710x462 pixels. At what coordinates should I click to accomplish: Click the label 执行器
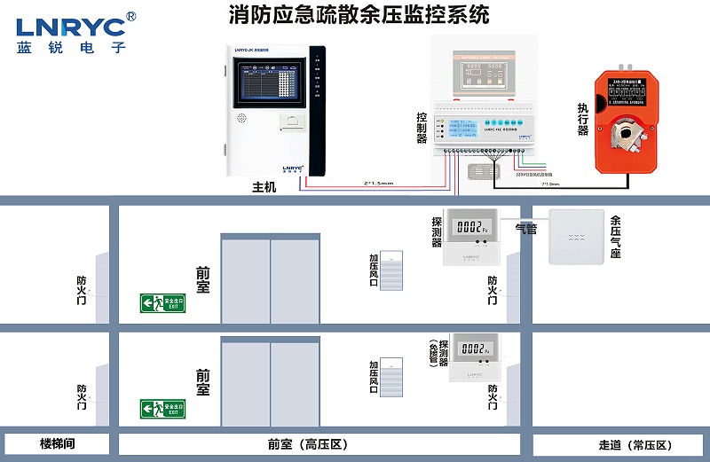(x=583, y=119)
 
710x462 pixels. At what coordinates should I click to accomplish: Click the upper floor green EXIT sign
(x=162, y=303)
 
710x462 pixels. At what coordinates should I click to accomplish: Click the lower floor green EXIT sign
(x=162, y=409)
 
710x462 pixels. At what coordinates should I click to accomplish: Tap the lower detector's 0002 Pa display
(x=473, y=348)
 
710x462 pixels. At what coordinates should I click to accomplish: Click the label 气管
(x=526, y=229)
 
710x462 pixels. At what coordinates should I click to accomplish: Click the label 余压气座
(x=615, y=237)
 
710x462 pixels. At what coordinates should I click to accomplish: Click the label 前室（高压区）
(x=305, y=444)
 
